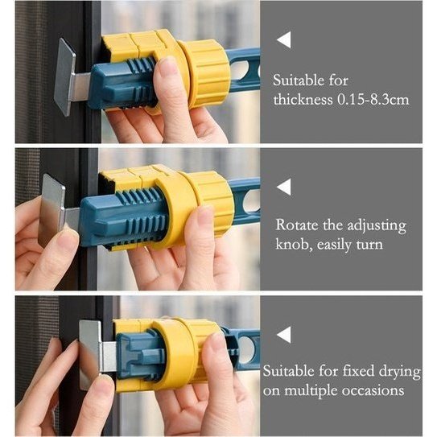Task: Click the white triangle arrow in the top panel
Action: pyautogui.click(x=285, y=40)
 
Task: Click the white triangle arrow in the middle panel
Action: pyautogui.click(x=285, y=187)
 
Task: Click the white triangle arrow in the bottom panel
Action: pyautogui.click(x=285, y=335)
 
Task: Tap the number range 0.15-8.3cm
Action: pyautogui.click(x=373, y=100)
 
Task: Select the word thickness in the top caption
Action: pyautogui.click(x=303, y=100)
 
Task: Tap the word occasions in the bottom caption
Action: pyautogui.click(x=373, y=391)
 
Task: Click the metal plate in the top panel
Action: pyautogui.click(x=64, y=76)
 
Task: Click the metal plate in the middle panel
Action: pyautogui.click(x=52, y=210)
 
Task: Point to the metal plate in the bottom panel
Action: pyautogui.click(x=90, y=356)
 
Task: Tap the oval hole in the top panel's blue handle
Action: pyautogui.click(x=240, y=70)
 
